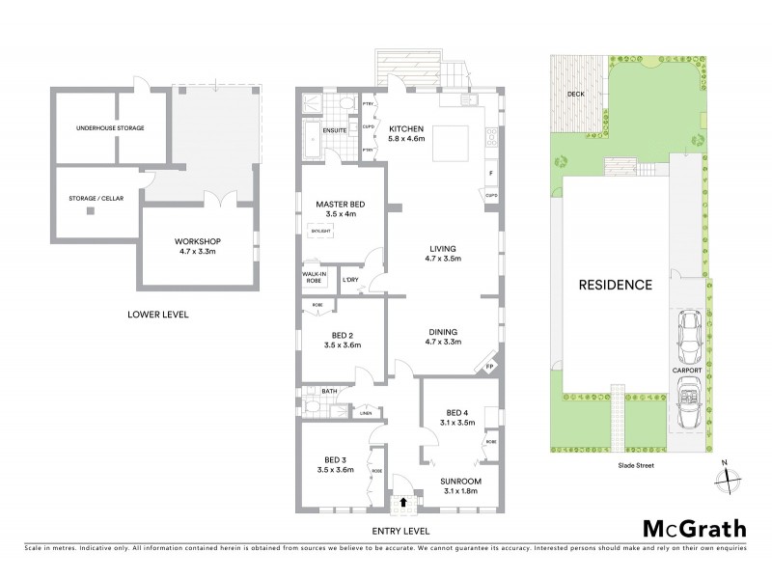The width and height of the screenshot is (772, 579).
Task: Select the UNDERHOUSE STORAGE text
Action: coord(111,127)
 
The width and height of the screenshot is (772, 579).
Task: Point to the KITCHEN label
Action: coord(406,128)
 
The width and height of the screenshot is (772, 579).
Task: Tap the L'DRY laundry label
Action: coord(349,280)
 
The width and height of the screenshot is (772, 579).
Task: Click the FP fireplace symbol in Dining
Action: coord(489,367)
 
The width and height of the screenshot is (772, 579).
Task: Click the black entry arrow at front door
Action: coord(401,502)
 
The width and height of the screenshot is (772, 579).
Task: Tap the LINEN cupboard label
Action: coord(366,414)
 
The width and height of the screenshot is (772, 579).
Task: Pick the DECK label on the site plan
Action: coord(576,95)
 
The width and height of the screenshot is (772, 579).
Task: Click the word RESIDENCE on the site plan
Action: coord(615,285)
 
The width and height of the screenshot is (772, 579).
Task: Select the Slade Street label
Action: coord(636,465)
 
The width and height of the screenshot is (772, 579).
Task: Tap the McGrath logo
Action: coord(694,528)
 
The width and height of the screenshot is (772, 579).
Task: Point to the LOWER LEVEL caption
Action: coord(157,315)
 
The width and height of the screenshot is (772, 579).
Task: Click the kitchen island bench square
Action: coord(452,144)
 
